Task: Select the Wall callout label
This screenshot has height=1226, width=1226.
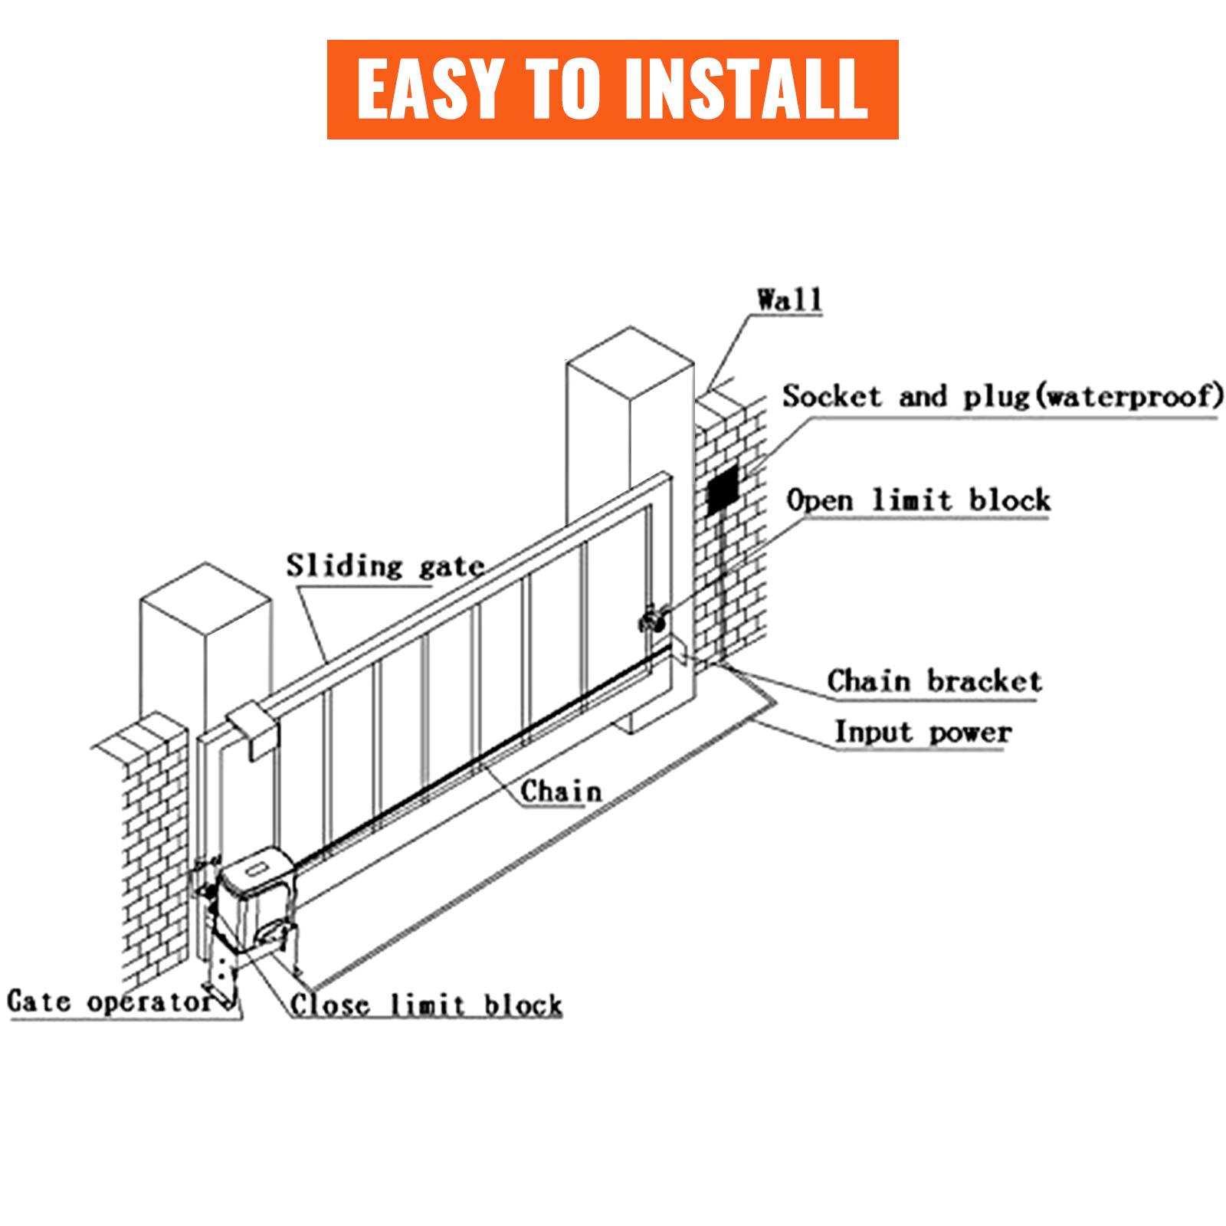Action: (x=789, y=299)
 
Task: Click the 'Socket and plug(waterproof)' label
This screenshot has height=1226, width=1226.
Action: (x=1000, y=397)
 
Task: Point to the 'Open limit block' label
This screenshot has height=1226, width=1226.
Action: (x=918, y=501)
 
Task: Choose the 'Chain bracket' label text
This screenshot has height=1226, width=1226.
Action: (x=934, y=681)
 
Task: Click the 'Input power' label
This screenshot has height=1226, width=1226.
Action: (x=923, y=733)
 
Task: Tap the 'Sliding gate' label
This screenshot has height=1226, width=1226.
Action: (x=385, y=567)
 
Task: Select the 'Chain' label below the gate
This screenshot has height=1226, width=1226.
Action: (x=561, y=791)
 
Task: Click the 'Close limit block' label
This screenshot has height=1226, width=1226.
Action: (x=426, y=1005)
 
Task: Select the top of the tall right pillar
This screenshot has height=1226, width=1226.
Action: (x=630, y=360)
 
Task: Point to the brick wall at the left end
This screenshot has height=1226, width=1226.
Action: (x=153, y=843)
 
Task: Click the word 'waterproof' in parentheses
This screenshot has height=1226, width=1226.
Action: (x=1129, y=397)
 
